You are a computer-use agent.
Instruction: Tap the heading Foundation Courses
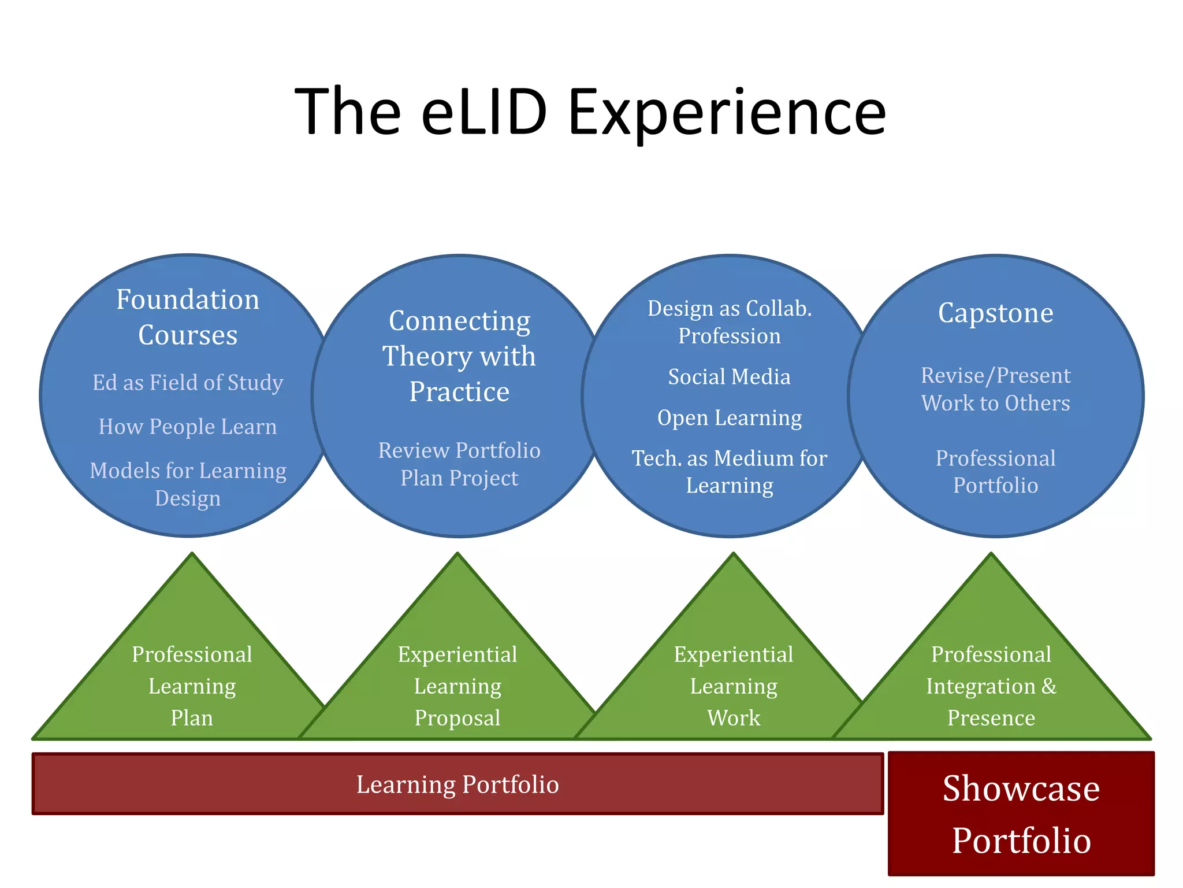pos(188,317)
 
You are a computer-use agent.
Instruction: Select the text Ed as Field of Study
pos(188,383)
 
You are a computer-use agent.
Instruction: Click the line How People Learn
pos(188,427)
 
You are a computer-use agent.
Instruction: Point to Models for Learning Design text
pos(188,484)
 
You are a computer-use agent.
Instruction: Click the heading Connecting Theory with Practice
pos(459,356)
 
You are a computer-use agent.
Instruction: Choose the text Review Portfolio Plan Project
pos(459,464)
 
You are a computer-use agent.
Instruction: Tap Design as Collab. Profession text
pos(730,322)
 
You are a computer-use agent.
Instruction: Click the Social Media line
pos(730,377)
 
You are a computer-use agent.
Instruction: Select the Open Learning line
pos(730,418)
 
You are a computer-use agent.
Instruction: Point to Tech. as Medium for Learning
pos(730,472)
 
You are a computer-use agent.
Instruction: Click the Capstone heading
pos(995,313)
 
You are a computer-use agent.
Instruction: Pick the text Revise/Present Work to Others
pos(995,389)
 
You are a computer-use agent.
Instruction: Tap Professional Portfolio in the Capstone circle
pos(995,472)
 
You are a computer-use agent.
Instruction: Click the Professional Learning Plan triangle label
pos(192,686)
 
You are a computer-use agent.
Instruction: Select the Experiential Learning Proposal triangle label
pos(457,686)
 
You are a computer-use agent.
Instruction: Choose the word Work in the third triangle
pos(734,718)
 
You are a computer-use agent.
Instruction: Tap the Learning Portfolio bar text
pos(457,785)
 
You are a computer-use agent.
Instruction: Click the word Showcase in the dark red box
pos(1021,788)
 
